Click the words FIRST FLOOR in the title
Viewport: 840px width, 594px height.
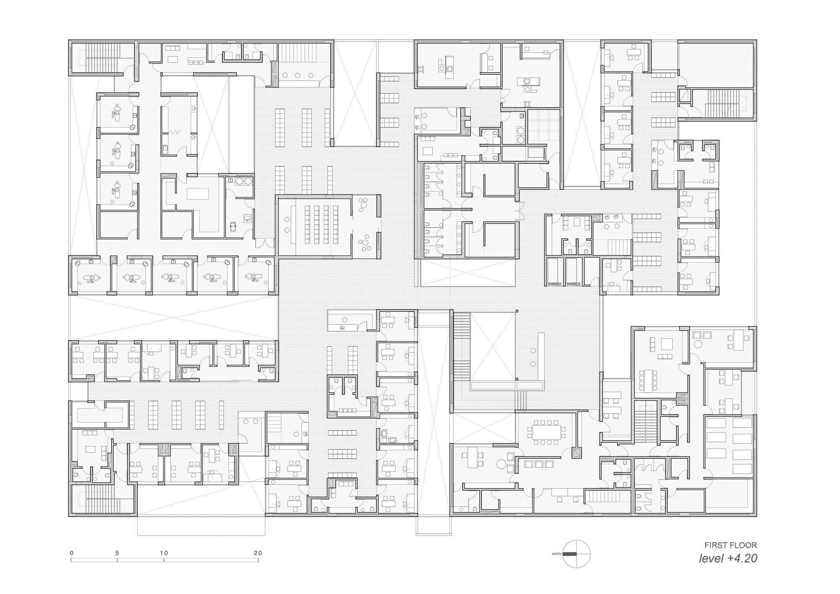[x=730, y=545]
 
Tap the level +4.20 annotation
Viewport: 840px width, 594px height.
[x=728, y=559]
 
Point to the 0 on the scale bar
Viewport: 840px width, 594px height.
[x=72, y=553]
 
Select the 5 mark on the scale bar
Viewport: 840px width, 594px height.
[x=117, y=553]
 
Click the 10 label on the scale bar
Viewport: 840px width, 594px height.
[x=164, y=553]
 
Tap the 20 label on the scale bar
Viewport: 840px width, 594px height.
[x=258, y=553]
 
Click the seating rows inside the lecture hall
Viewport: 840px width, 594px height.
[x=321, y=225]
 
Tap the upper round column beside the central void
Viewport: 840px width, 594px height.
[x=517, y=311]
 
